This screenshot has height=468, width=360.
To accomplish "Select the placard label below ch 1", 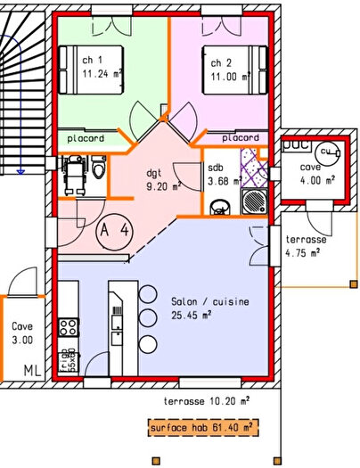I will click(86, 138).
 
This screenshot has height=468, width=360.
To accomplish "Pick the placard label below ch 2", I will click(241, 138).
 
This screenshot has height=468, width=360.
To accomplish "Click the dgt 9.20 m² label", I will click(163, 180).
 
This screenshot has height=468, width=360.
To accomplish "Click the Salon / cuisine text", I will click(210, 302).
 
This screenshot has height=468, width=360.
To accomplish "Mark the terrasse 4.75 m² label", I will click(306, 247).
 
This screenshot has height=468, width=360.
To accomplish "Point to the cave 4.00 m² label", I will click(316, 173).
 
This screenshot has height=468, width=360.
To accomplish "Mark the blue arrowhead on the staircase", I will click(20, 170).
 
